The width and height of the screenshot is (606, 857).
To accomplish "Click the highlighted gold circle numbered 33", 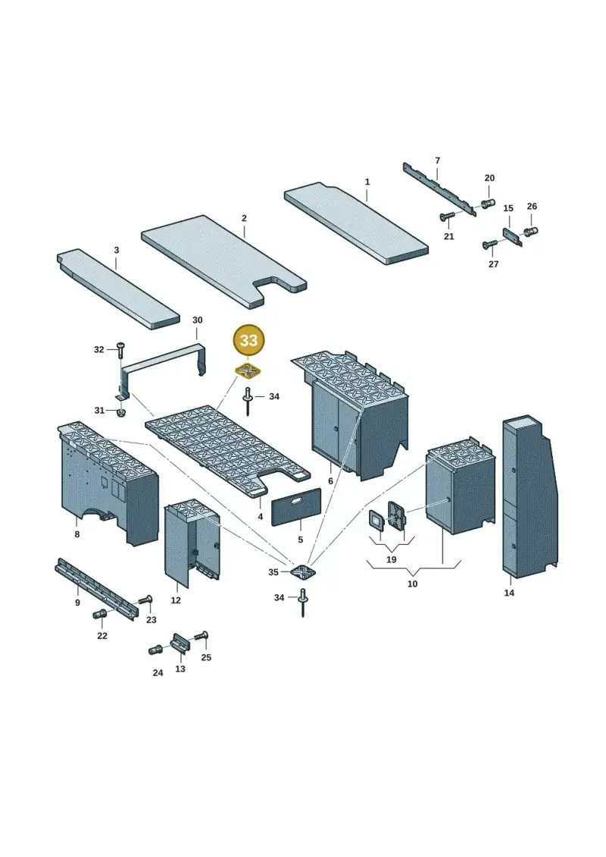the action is [x=248, y=340].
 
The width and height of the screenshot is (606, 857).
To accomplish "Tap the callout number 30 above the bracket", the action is [x=197, y=320].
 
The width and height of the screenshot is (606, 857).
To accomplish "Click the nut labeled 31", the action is [x=121, y=411].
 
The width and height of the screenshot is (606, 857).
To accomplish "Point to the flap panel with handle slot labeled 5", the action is [x=296, y=507].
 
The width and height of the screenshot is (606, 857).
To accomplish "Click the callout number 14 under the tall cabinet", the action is [x=509, y=593].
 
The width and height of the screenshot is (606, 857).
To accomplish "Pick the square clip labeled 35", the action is [x=305, y=572].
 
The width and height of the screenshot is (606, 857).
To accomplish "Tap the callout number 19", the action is [x=392, y=560].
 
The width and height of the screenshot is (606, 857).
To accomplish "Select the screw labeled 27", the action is [x=490, y=244].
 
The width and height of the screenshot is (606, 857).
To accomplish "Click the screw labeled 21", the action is [x=448, y=217].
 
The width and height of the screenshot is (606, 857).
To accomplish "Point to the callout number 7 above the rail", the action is [x=437, y=160].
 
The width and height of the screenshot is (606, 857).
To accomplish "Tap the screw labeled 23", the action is [x=145, y=600].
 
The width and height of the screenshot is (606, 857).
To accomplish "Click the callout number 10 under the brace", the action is [x=413, y=583].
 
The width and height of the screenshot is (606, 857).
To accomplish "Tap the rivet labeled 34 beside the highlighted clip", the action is [x=248, y=400].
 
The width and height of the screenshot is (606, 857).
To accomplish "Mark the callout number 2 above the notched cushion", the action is [x=244, y=218].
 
